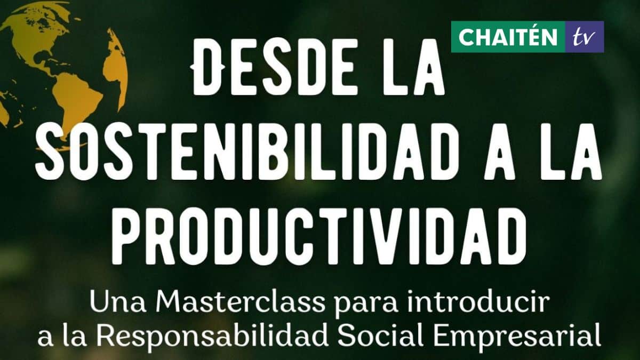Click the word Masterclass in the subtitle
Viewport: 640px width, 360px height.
(240, 301)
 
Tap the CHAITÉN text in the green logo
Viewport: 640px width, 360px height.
(508, 37)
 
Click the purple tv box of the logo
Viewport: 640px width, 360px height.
(585, 37)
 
